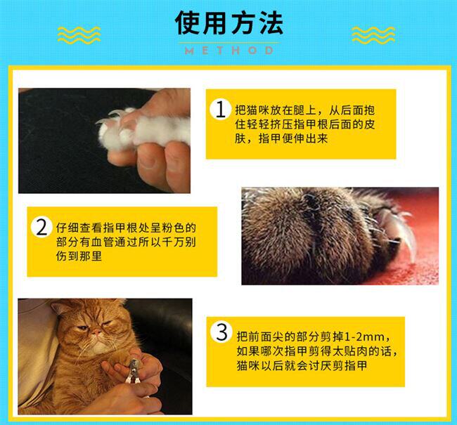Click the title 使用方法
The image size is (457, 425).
pos(228,23)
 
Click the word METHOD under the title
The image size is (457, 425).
pos(229,51)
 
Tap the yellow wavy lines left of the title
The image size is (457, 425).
pos(79,35)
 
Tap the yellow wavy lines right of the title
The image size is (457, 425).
pos(373,35)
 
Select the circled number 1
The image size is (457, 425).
pos(220,110)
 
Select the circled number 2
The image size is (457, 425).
pos(41,227)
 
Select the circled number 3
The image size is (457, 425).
pos(221,332)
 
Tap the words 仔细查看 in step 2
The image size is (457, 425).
pos(79,228)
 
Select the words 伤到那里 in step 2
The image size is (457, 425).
pos(79,256)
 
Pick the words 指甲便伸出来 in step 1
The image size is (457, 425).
pos(293,138)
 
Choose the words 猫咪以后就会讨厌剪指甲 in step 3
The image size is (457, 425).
pos(302,365)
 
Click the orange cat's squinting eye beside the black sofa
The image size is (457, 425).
pos(108,323)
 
